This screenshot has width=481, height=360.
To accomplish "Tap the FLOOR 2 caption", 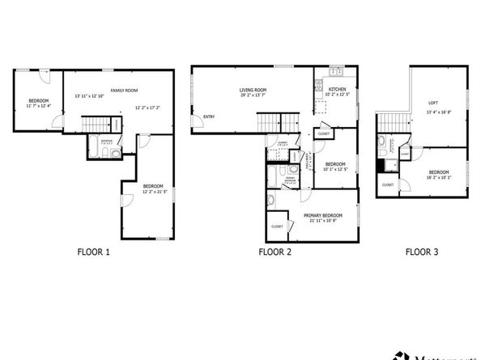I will [274, 252].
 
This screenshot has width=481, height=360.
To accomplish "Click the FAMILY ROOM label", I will [124, 90].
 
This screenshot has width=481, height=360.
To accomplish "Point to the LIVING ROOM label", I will [253, 90].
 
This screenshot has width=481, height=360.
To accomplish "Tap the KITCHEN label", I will [338, 90].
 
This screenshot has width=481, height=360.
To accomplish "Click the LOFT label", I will [433, 103].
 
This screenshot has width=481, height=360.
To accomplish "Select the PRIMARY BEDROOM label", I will [323, 215].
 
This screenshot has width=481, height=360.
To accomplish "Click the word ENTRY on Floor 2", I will [209, 116].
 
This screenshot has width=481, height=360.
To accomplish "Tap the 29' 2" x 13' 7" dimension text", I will [254, 96].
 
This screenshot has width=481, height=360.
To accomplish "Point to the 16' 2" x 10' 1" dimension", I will [439, 178].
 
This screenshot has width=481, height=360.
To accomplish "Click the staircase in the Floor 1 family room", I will [96, 125].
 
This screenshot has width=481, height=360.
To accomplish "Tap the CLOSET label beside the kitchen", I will [323, 133].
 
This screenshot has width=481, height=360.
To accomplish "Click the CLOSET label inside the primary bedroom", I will [277, 227].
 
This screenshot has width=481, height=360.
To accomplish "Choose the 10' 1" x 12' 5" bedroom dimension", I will [335, 169].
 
